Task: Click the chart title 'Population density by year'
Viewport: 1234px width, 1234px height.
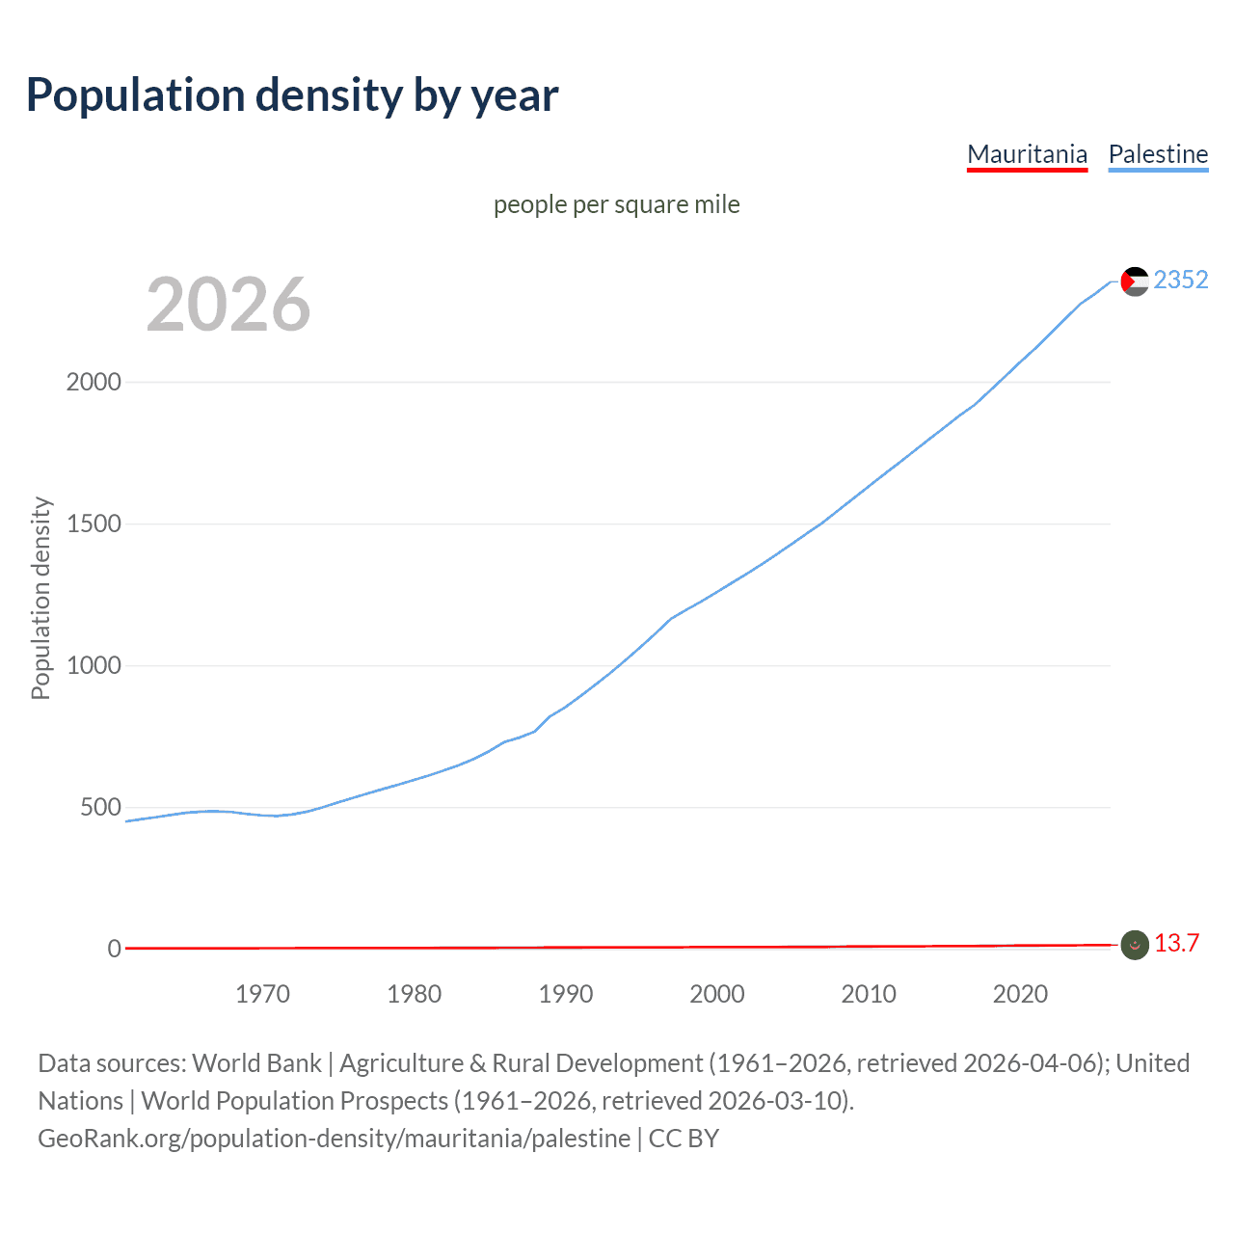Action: (292, 95)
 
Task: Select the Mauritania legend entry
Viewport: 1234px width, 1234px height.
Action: (1027, 154)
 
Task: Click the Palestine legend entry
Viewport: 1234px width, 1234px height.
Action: (1158, 154)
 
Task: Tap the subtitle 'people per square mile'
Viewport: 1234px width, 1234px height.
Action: (617, 204)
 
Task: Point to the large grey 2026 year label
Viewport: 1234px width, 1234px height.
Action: (228, 305)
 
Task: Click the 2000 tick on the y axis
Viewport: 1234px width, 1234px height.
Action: (94, 382)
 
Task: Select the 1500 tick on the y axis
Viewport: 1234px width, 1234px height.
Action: (94, 523)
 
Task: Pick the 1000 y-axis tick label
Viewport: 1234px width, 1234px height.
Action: (94, 665)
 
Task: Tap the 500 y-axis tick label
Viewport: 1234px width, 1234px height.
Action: (100, 807)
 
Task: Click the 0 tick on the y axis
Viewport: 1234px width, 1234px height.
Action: (114, 949)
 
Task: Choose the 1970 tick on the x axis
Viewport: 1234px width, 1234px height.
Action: (262, 994)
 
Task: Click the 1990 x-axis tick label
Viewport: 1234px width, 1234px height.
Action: (566, 994)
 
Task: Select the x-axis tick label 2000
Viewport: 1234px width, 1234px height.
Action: (717, 994)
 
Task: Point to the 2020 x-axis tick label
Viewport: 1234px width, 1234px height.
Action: (1020, 994)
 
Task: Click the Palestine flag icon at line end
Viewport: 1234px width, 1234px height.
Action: (1135, 282)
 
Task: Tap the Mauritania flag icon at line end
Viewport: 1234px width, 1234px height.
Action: (1135, 946)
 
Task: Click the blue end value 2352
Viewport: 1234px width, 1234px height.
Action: (1181, 280)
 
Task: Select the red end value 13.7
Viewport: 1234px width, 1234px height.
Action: (1176, 943)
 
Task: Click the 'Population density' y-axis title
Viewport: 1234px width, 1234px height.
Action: (40, 598)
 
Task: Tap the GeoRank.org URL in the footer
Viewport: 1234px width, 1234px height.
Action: (334, 1139)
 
